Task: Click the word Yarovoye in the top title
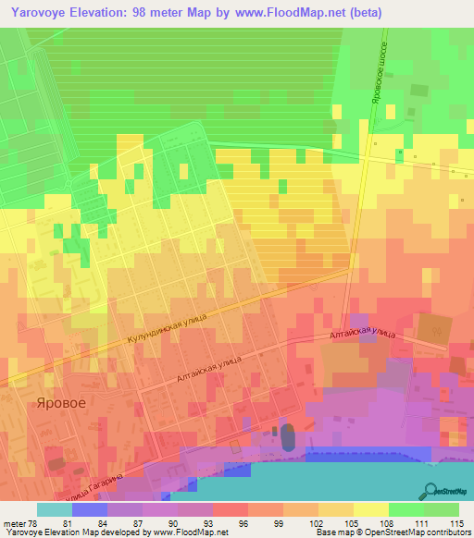42,12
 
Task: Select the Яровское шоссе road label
377,74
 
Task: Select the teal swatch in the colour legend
55,509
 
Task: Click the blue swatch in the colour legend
90,509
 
